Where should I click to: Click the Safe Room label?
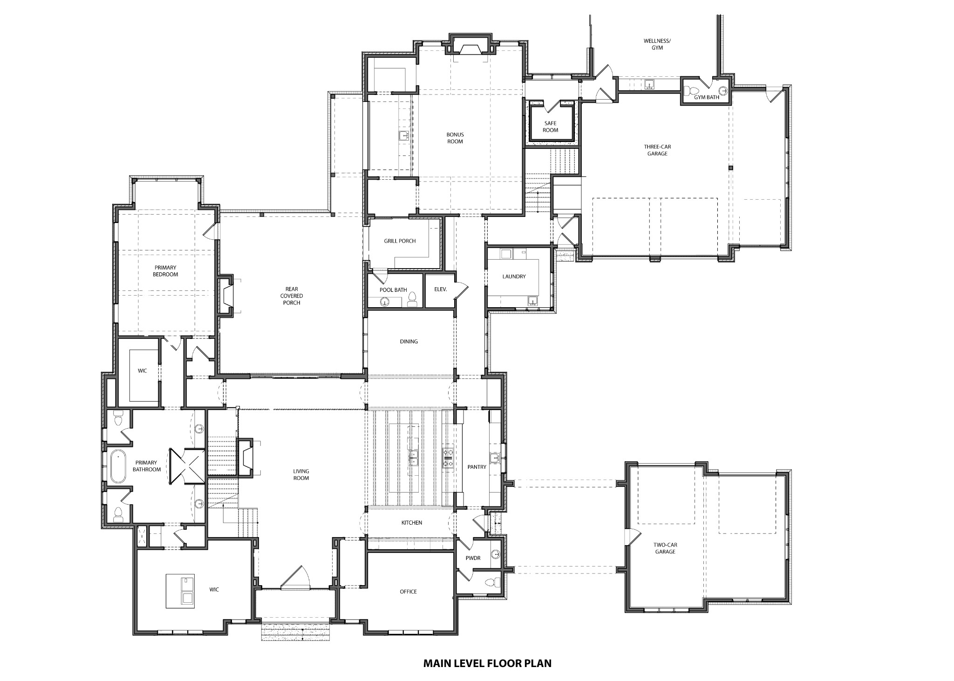coord(550,127)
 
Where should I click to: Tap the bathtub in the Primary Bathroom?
coord(118,466)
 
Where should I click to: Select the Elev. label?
coord(440,290)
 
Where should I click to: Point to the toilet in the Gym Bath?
coord(693,90)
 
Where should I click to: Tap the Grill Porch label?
coord(400,241)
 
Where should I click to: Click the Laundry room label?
coord(514,276)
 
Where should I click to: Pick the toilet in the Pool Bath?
coord(412,298)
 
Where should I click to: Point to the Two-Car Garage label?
coord(664,548)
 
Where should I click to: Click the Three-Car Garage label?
coord(657,150)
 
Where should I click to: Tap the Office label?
coord(408,592)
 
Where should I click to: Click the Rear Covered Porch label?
coord(291,296)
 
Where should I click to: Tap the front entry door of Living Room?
coord(295,578)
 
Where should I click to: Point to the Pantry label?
coord(477,467)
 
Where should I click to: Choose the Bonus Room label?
coord(455,138)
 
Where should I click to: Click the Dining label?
coord(409,341)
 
